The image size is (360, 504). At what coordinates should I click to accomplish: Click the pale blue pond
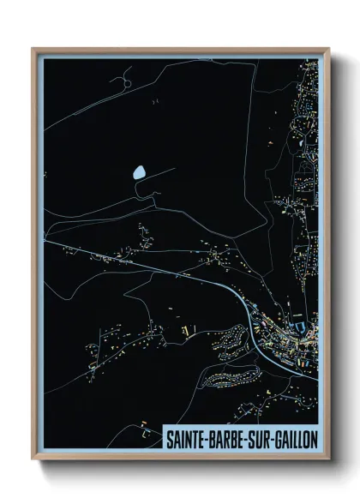pos(138,175)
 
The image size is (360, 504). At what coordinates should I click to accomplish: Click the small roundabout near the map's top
pos(121,83)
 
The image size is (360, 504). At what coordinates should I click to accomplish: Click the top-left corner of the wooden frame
pos(33,49)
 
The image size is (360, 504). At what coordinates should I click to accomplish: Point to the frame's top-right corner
pos(328,49)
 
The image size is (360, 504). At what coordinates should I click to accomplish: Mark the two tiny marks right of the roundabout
pos(155,101)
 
